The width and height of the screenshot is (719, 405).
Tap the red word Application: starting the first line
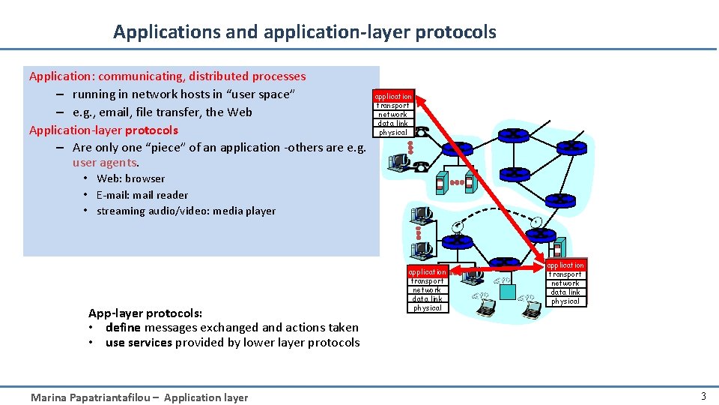61,76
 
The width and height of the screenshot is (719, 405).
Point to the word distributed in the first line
219,76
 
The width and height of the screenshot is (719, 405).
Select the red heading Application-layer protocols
103,130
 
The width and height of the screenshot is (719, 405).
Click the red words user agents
105,163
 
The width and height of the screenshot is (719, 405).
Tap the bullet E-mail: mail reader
142,195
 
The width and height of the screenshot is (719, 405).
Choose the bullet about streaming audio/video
186,211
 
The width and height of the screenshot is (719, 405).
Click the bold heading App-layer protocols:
145,313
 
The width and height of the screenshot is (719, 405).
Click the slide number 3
703,397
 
